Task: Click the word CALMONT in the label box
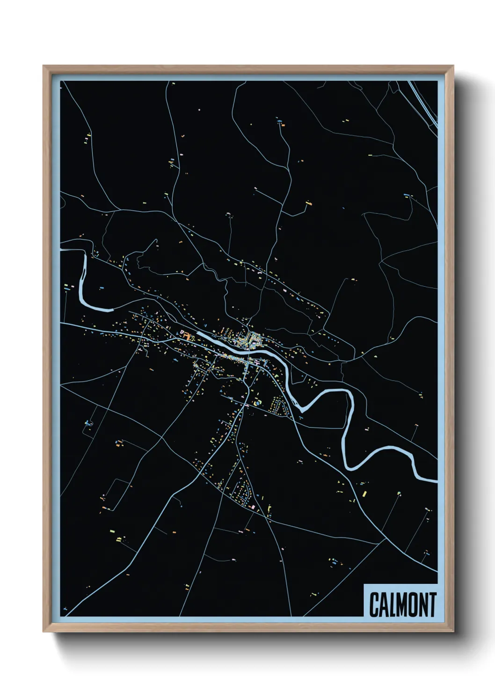tap(402, 605)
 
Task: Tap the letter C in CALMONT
tap(374, 605)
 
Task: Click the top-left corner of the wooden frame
tap(44, 66)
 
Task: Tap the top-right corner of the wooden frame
tap(453, 66)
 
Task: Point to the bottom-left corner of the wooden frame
tap(44, 631)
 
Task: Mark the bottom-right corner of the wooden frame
tap(453, 631)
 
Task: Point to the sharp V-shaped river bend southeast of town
tap(302, 410)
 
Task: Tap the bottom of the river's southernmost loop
tap(352, 468)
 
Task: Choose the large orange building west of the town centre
tap(187, 336)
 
